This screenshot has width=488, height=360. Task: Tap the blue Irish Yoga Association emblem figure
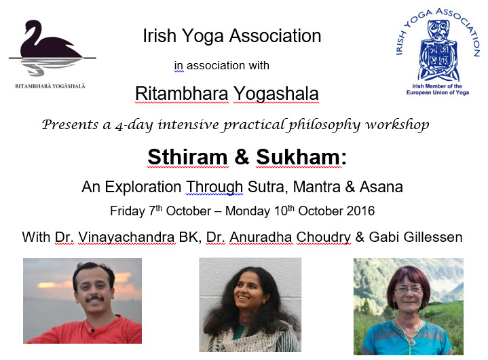(x=438, y=50)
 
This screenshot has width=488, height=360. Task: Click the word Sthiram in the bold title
(x=188, y=157)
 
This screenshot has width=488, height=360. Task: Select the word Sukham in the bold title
(x=298, y=157)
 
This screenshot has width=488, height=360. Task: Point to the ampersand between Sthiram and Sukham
(x=242, y=157)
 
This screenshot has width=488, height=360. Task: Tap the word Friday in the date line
(x=128, y=211)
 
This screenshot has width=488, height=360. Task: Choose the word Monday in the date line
(x=248, y=211)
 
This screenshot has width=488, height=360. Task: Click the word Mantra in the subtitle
(x=316, y=187)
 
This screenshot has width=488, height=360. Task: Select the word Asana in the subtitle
(x=381, y=187)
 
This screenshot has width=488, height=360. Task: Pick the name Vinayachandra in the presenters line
(x=126, y=237)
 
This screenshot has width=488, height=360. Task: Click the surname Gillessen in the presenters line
(x=432, y=237)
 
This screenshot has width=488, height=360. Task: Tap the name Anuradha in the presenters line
(x=261, y=237)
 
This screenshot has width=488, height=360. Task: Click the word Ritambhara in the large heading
(x=181, y=94)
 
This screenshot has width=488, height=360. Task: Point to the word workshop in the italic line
(x=397, y=125)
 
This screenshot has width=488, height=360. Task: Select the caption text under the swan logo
(x=50, y=86)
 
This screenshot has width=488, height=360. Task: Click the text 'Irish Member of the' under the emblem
(x=437, y=86)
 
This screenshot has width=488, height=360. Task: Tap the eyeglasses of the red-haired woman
(x=409, y=289)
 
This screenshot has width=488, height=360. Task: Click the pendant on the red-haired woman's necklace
(x=412, y=342)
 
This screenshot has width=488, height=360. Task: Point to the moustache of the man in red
(x=94, y=299)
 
